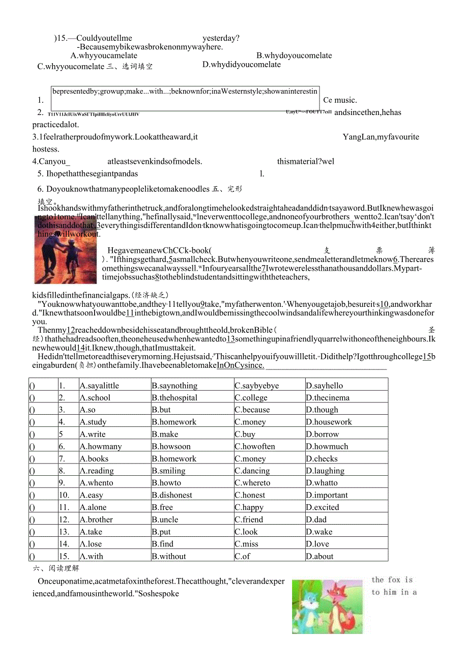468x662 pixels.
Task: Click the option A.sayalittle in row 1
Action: [99, 386]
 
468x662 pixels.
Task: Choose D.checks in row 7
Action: [322, 458]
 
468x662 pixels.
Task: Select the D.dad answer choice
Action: [316, 520]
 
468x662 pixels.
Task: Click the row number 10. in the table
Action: [64, 495]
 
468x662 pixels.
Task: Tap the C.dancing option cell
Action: [252, 471]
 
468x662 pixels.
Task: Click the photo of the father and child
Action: [65, 249]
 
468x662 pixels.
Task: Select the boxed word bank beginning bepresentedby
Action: [185, 92]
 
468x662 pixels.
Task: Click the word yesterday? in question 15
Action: [221, 38]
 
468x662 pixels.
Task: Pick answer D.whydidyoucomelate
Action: [242, 65]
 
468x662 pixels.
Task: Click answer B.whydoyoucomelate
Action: [294, 55]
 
